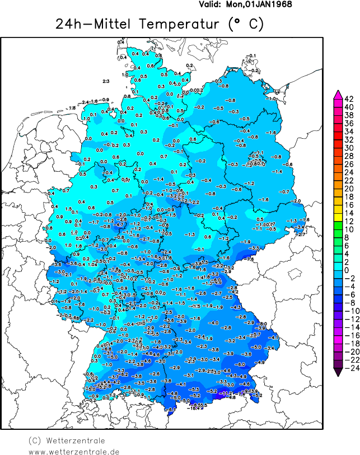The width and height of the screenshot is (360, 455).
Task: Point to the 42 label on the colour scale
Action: tap(348, 99)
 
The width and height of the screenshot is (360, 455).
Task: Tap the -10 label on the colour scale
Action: tap(348, 311)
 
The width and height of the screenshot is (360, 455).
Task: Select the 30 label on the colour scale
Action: tap(348, 148)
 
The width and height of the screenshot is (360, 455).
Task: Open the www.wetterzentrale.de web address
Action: tap(74, 451)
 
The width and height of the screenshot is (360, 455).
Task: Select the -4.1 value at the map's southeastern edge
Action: tap(273, 337)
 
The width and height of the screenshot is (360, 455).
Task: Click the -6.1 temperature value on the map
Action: tap(172, 410)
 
